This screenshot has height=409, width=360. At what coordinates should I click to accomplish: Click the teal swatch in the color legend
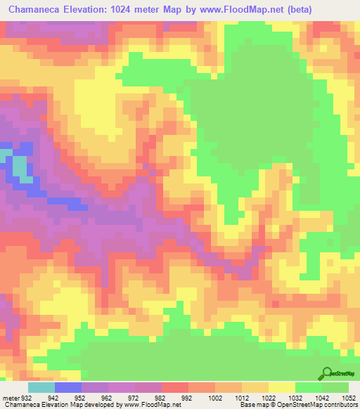41,387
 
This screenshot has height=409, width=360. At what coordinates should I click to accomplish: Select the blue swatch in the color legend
68,387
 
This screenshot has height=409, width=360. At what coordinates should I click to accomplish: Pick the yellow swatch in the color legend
282,387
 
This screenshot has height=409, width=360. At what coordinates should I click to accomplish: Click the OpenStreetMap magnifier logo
326,373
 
